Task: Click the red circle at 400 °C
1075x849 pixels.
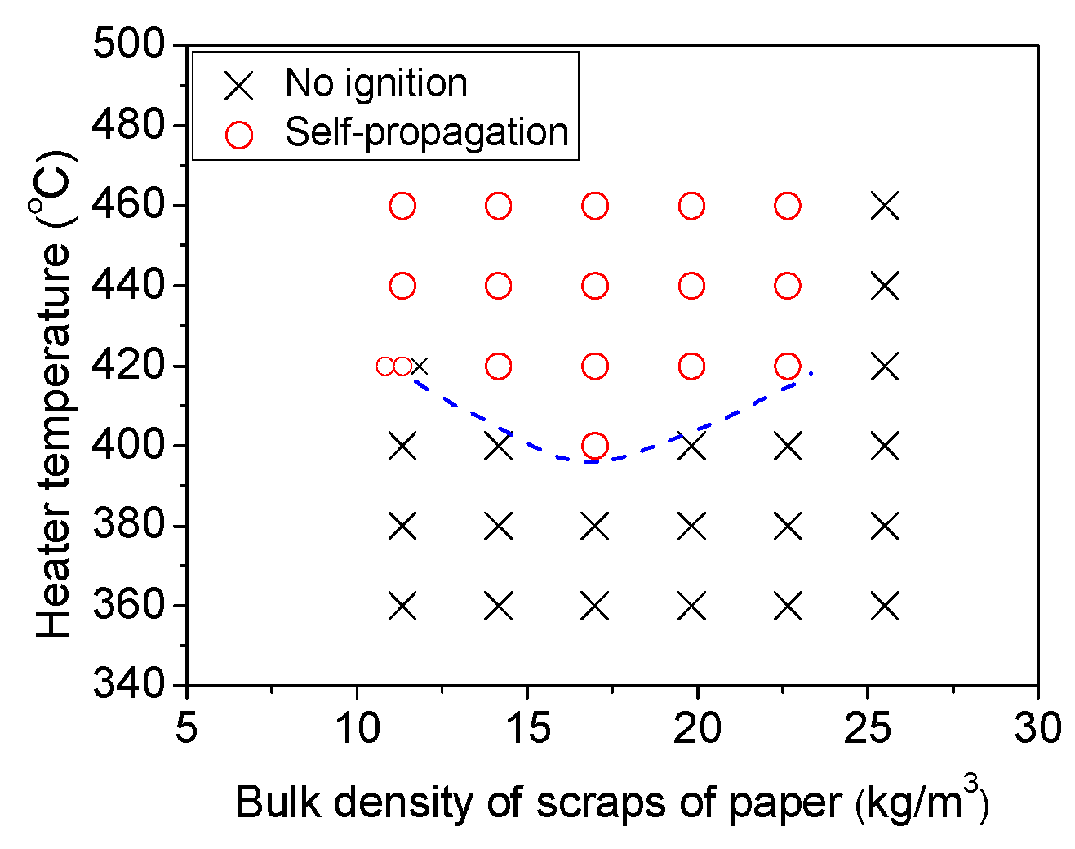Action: pyautogui.click(x=595, y=446)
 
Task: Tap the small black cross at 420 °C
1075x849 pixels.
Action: pyautogui.click(x=420, y=367)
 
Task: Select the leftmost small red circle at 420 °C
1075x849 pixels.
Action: pyautogui.click(x=385, y=367)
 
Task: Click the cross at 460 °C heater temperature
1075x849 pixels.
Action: pyautogui.click(x=885, y=206)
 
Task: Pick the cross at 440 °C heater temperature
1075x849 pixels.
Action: pyautogui.click(x=885, y=286)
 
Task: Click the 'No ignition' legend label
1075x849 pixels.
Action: pyautogui.click(x=375, y=83)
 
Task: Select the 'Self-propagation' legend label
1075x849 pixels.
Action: pyautogui.click(x=426, y=132)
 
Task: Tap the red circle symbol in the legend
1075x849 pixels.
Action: pyautogui.click(x=239, y=135)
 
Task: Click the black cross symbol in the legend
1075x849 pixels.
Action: pyautogui.click(x=239, y=85)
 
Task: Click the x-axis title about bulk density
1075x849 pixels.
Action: pyautogui.click(x=612, y=802)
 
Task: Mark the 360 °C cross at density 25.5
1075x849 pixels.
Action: pyautogui.click(x=885, y=607)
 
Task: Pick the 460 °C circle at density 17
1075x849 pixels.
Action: pyautogui.click(x=595, y=206)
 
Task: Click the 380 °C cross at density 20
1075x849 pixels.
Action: pyautogui.click(x=691, y=527)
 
